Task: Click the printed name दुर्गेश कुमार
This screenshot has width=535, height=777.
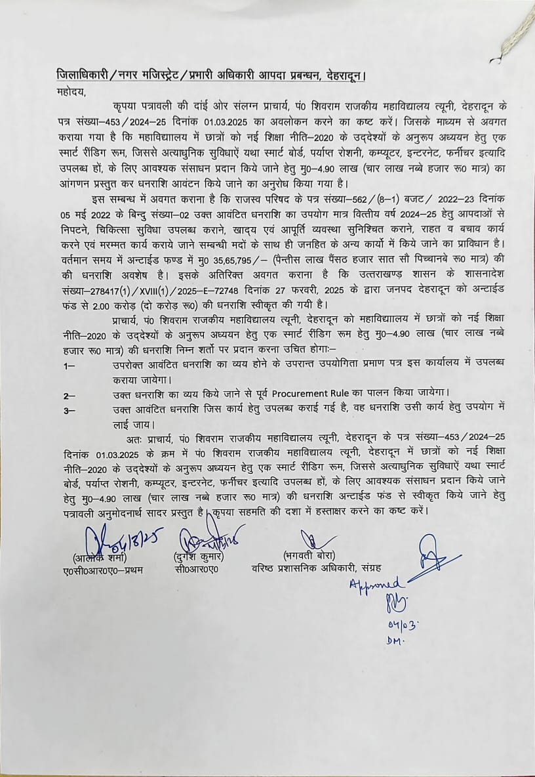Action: point(200,556)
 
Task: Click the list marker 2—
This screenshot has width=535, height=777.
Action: point(69,394)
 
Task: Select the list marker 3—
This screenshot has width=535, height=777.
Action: point(69,409)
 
